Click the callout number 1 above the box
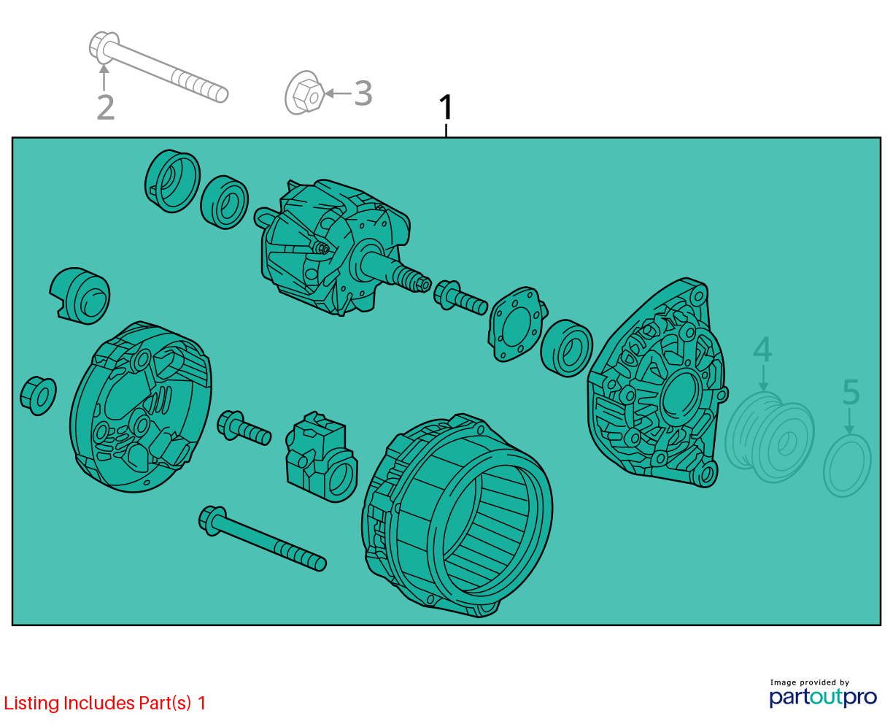tap(446, 107)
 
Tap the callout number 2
tap(106, 107)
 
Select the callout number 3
tap(363, 93)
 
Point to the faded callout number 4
tap(762, 349)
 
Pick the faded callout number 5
tap(851, 392)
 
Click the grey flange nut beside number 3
tap(305, 93)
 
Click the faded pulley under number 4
tap(769, 437)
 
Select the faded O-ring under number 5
tap(847, 466)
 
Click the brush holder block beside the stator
tap(321, 457)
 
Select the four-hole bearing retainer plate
tap(517, 324)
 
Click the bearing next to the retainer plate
tap(566, 349)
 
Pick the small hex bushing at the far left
tap(38, 396)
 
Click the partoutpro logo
tap(822, 698)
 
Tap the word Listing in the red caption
tap(32, 704)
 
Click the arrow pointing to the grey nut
tap(339, 93)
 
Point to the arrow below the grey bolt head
tap(104, 77)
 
